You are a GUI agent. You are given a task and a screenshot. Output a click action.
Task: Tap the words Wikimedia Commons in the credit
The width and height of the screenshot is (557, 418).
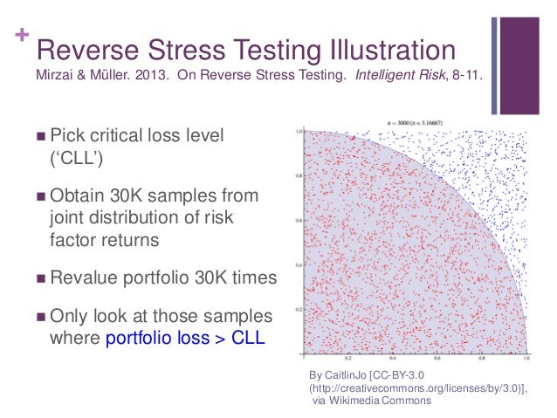click(370, 401)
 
